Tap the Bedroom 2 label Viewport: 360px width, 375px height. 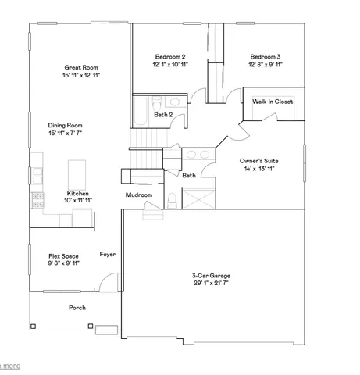[169, 56]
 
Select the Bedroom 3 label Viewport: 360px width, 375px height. [266, 56]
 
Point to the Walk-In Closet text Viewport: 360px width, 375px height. [273, 102]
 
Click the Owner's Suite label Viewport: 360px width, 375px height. [260, 160]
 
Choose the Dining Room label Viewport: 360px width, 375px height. [65, 125]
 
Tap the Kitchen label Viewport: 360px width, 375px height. [77, 193]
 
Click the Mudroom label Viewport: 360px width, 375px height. [138, 195]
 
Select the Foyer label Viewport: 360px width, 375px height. [108, 255]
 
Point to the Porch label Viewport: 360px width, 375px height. [77, 307]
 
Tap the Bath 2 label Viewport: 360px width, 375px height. [162, 116]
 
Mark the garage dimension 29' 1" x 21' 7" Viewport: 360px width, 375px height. [211, 284]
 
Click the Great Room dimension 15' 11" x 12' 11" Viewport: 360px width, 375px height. [81, 76]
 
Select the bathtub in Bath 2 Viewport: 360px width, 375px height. [139, 111]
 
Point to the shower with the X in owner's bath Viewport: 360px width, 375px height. [198, 198]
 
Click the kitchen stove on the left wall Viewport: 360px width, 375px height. [35, 200]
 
